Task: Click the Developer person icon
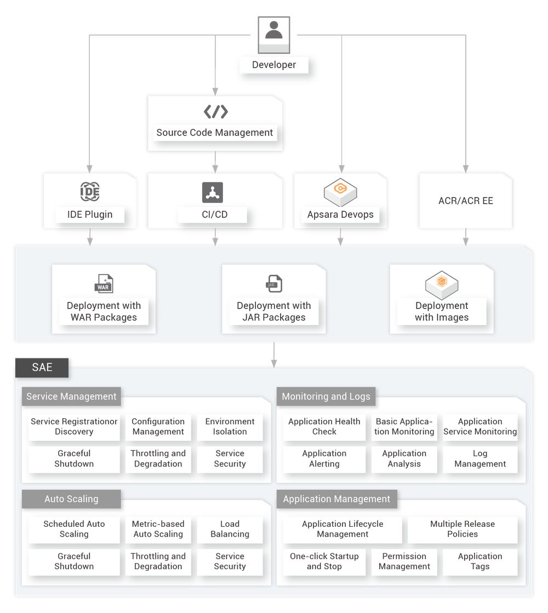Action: [273, 30]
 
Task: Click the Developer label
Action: [273, 65]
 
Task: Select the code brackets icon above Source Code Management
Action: [215, 112]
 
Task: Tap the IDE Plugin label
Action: [90, 215]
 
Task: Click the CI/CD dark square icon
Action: [213, 192]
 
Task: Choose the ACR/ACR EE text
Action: [465, 201]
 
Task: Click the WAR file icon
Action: [104, 284]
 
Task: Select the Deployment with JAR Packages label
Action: [273, 311]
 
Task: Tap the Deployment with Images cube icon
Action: [442, 284]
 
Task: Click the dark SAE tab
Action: [42, 367]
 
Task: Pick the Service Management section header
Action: [71, 396]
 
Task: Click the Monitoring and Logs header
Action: [326, 396]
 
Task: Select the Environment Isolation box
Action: [230, 427]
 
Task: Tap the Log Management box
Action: [480, 459]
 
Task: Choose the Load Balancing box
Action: [230, 529]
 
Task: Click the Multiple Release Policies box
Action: [462, 529]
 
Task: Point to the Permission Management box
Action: [404, 561]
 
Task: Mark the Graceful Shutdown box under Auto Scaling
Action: [74, 561]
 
